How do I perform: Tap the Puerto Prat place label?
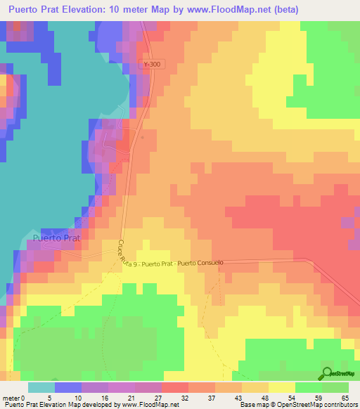(56, 238)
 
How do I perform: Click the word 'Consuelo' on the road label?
(209, 263)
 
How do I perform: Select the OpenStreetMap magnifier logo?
(327, 372)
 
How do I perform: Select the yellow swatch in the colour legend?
(281, 387)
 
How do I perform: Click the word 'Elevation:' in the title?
(89, 9)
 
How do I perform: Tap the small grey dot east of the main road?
(143, 137)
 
